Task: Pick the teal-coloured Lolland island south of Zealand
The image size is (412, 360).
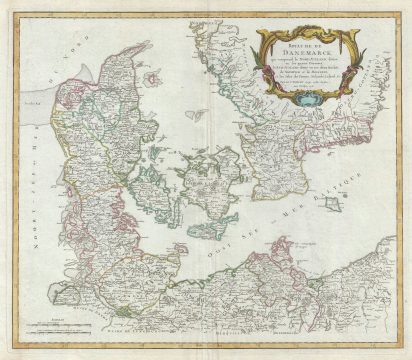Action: click(206, 232)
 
